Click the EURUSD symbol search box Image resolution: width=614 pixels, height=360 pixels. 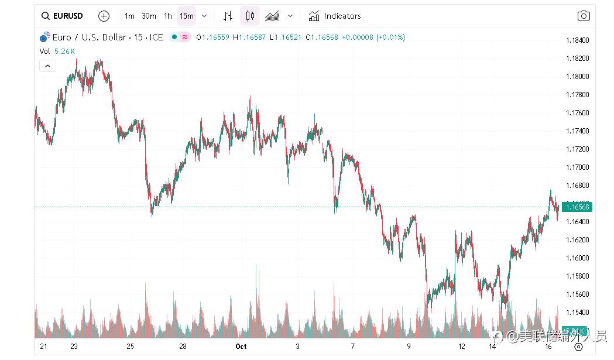click(x=62, y=16)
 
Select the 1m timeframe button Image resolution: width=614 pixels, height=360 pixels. click(x=129, y=16)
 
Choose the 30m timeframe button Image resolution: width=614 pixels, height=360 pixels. click(x=149, y=16)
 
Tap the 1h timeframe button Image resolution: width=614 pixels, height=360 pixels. click(x=168, y=16)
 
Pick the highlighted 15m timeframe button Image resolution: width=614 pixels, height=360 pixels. click(x=187, y=16)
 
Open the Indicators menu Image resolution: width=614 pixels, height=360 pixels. click(x=335, y=16)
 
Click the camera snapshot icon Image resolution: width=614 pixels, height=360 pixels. click(x=584, y=16)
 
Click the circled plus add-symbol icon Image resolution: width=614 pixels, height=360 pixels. click(x=104, y=16)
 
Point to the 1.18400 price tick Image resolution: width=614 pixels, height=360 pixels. click(x=577, y=40)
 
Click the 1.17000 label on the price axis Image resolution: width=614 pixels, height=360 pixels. click(x=577, y=167)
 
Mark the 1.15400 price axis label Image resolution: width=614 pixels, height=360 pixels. click(x=577, y=312)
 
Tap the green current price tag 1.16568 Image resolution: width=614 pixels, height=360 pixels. click(x=577, y=207)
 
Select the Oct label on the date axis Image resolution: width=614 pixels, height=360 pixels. click(x=241, y=347)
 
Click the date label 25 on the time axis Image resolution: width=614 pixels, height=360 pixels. click(x=130, y=347)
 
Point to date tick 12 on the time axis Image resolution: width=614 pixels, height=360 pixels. click(x=462, y=347)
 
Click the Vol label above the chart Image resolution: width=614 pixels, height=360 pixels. click(x=44, y=51)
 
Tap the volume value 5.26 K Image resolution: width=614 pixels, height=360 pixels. click(x=64, y=51)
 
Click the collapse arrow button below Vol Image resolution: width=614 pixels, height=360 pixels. click(x=47, y=66)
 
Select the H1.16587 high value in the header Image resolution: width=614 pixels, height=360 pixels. click(x=249, y=37)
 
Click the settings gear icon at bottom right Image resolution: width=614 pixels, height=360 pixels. click(x=578, y=347)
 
